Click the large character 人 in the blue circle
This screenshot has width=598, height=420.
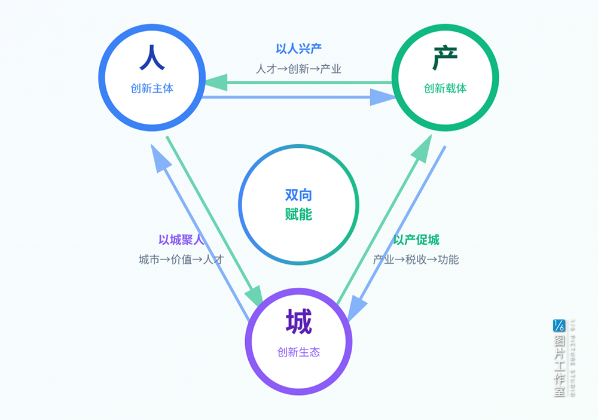(152, 59)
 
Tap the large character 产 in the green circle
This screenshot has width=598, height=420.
(445, 59)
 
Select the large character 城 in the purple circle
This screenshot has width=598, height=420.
(298, 322)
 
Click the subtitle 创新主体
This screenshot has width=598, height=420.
(152, 89)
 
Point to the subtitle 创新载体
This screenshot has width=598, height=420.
(445, 89)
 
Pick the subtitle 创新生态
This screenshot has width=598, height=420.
(298, 352)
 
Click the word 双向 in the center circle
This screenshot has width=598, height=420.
(298, 195)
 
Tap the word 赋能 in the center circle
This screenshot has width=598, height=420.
(298, 214)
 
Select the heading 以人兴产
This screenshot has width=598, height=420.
(298, 49)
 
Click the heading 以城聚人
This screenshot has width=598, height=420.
(181, 241)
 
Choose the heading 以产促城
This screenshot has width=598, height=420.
(416, 241)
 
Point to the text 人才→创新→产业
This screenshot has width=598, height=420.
(298, 69)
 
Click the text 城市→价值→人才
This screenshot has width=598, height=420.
(181, 260)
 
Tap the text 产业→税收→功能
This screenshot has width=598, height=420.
(416, 260)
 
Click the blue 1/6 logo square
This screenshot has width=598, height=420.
(559, 325)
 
